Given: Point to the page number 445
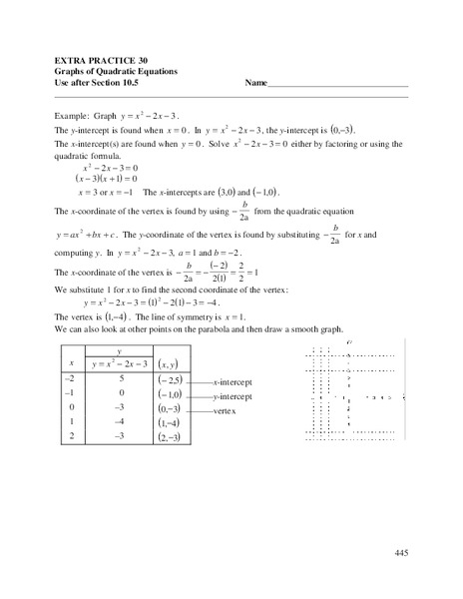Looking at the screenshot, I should [x=401, y=553].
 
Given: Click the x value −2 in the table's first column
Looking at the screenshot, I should [x=70, y=379].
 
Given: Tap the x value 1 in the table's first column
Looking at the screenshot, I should [x=70, y=423].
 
